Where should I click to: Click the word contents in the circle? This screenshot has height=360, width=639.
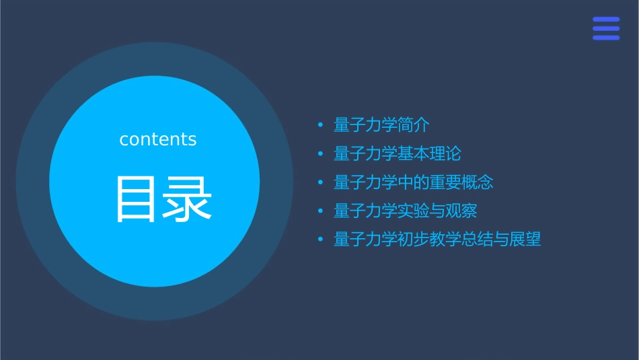[x=158, y=139]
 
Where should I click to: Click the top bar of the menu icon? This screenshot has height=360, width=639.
[x=606, y=20]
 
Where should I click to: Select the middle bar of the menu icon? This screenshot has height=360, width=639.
[x=606, y=28]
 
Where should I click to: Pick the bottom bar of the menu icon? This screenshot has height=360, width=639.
[x=606, y=38]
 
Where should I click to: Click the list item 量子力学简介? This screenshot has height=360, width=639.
[x=381, y=125]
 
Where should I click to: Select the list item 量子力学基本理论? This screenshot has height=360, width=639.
[x=397, y=154]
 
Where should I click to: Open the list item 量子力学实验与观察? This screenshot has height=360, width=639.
[x=405, y=211]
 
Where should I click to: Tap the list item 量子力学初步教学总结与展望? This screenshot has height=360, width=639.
[x=437, y=240]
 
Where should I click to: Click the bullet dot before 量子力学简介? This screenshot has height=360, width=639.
[x=320, y=125]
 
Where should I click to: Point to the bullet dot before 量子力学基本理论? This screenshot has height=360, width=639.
[x=320, y=154]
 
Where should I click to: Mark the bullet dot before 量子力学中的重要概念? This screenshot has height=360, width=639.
[x=320, y=182]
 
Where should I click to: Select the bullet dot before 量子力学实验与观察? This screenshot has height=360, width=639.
[x=320, y=211]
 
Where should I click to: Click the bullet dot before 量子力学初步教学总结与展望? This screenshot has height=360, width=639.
[x=320, y=240]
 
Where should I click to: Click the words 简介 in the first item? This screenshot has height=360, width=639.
[x=414, y=125]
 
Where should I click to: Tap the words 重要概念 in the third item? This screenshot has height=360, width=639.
[x=461, y=182]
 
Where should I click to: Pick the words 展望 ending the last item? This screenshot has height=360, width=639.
[x=525, y=240]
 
